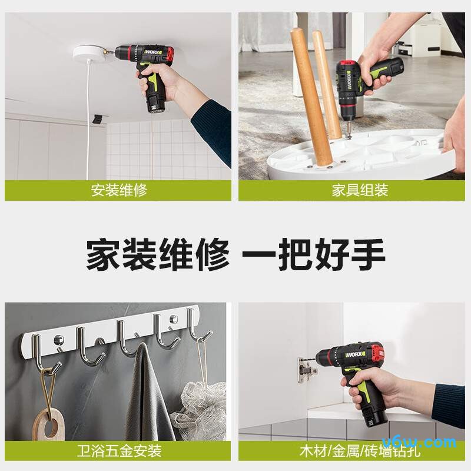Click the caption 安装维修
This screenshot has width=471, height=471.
click(118, 191)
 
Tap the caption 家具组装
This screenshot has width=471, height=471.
click(351, 191)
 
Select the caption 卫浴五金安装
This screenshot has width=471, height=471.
click(118, 451)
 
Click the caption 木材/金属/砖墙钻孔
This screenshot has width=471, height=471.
click(351, 451)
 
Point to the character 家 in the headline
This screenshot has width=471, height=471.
click(104, 254)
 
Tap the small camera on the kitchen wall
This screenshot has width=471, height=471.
click(97, 120)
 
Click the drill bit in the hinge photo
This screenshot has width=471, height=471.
click(307, 358)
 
